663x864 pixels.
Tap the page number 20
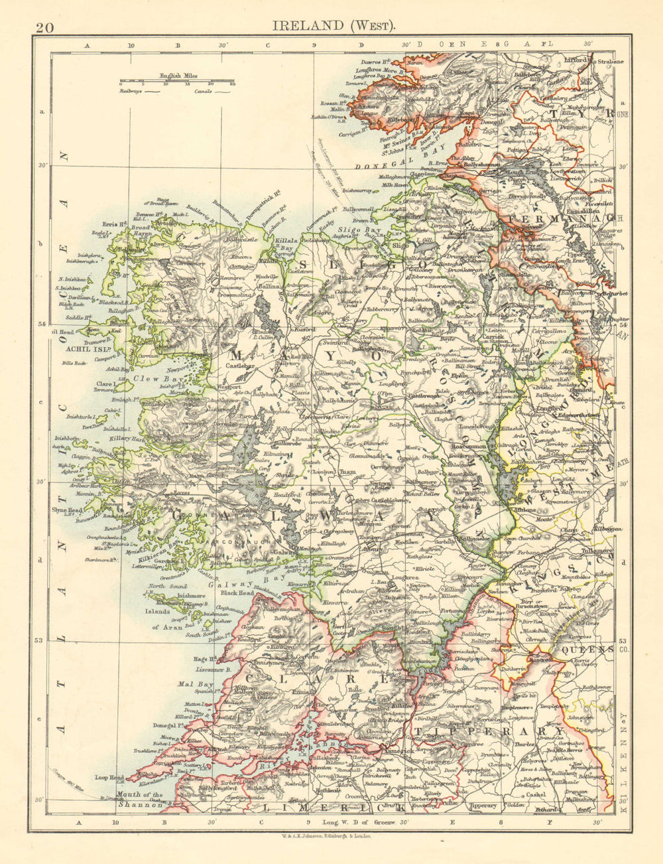click(45, 27)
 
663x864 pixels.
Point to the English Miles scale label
click(178, 77)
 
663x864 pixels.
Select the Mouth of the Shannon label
click(138, 800)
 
